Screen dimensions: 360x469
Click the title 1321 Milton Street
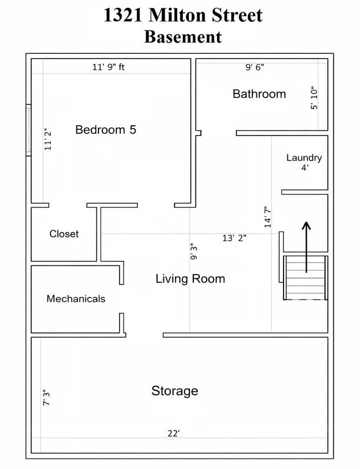[x=183, y=16]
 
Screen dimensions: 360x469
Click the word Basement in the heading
[x=183, y=37]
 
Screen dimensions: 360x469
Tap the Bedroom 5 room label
[x=106, y=130]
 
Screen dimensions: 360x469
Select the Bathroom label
[x=259, y=94]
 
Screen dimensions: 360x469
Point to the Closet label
[x=64, y=234]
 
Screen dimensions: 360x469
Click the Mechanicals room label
[x=76, y=298]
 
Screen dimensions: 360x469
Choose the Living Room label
[x=191, y=279]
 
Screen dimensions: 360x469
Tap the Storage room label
[x=175, y=390]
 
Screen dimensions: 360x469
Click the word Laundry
[x=304, y=158]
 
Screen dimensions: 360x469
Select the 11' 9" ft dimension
[x=109, y=67]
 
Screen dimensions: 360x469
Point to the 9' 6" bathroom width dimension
[x=255, y=67]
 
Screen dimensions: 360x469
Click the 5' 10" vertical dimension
[x=314, y=98]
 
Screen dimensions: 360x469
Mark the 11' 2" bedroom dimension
[x=48, y=141]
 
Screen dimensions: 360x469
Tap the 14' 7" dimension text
[x=268, y=217]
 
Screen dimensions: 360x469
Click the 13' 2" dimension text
[x=235, y=238]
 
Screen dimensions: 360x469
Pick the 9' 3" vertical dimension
[x=194, y=251]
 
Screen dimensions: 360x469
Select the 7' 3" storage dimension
[x=47, y=398]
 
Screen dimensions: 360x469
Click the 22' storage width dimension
[x=173, y=433]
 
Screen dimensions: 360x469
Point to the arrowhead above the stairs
[x=306, y=225]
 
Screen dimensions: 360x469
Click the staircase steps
[x=306, y=277]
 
